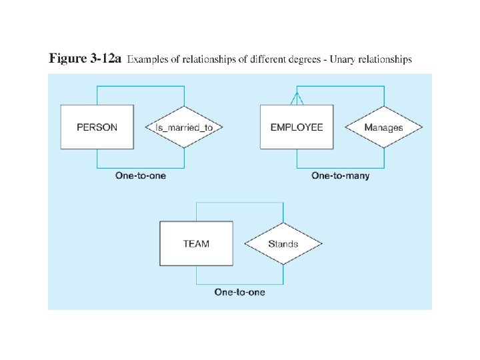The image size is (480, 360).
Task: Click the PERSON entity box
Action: [97, 127]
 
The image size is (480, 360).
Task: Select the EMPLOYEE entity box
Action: [297, 127]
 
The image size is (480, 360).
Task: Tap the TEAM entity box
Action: [196, 243]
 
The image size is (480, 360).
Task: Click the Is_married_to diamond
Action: [183, 127]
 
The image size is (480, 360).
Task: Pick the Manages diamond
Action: [383, 127]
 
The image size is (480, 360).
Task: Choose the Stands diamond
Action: [283, 243]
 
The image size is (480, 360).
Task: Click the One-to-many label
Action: [340, 176]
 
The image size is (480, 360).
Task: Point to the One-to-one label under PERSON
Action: [141, 176]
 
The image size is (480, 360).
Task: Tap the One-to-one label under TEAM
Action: [240, 292]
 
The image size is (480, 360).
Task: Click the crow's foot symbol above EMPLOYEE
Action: [297, 98]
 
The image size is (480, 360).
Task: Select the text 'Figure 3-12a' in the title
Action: [85, 59]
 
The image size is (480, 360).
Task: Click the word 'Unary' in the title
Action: [338, 59]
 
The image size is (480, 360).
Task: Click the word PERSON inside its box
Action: [97, 127]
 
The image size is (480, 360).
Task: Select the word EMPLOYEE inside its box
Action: [297, 127]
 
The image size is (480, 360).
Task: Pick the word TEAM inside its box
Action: [196, 243]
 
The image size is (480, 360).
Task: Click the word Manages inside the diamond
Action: [383, 127]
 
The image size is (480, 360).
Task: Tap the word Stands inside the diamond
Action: [283, 243]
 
